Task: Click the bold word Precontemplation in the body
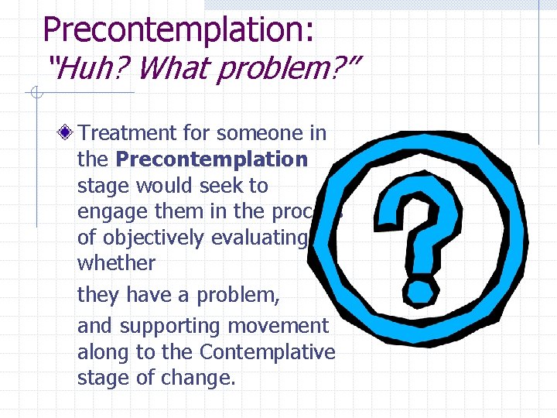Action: point(211,159)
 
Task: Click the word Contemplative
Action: point(267,352)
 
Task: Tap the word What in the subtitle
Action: point(176,70)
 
